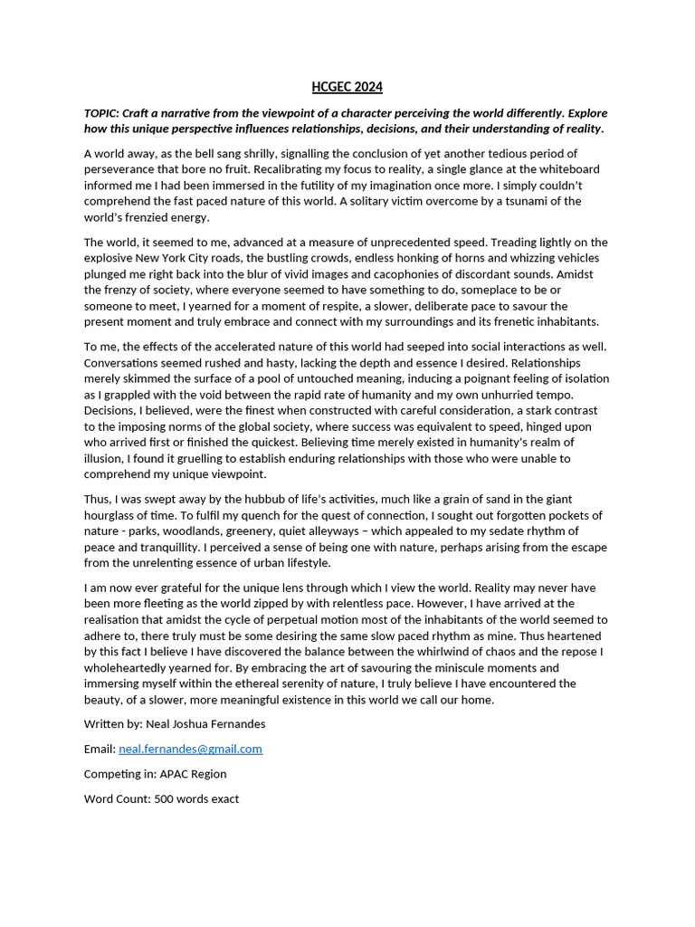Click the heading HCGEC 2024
tap(347, 87)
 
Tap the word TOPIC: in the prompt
tap(101, 113)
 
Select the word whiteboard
tap(568, 169)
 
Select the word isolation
tap(581, 378)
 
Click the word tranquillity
tap(160, 548)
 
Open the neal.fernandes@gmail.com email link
tap(190, 750)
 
